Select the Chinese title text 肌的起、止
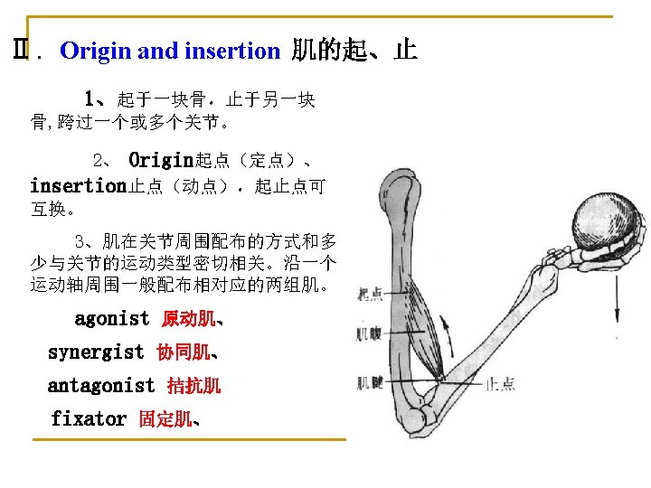(x=354, y=50)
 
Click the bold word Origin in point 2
(x=161, y=162)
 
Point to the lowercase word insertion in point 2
(x=78, y=187)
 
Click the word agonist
(x=111, y=319)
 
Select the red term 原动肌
(x=188, y=320)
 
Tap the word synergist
(x=95, y=352)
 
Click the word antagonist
(x=101, y=386)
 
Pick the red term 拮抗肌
(x=193, y=387)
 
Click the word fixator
(x=89, y=419)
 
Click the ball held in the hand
(x=606, y=228)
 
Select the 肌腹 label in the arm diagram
(x=369, y=334)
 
